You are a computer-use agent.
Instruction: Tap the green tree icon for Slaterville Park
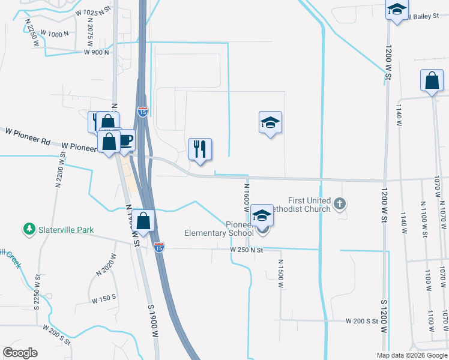[29, 229]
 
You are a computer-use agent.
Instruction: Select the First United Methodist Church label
[309, 205]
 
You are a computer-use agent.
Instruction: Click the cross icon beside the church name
[340, 204]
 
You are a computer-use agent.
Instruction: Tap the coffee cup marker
[125, 141]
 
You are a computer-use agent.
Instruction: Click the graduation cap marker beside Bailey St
[396, 10]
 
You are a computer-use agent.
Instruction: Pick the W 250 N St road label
[247, 250]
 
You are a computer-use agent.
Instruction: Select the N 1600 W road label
[246, 197]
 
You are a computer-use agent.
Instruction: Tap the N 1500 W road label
[280, 273]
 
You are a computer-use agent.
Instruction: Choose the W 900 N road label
[96, 52]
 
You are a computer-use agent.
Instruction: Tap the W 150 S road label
[103, 298]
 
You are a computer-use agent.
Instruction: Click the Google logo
[20, 353]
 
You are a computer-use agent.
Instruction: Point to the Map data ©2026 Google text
[412, 355]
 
